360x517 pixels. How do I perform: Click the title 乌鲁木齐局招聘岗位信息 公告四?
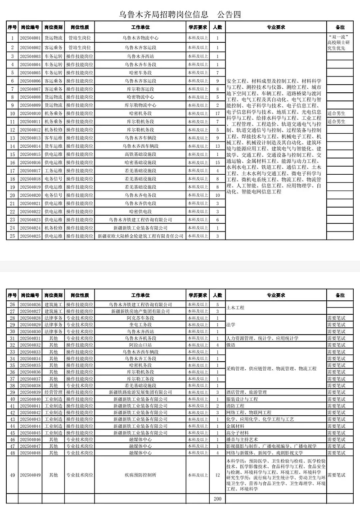(180, 14)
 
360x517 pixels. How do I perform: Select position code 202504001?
(31, 38)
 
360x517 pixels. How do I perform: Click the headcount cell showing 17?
(217, 113)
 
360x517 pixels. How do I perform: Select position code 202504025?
(31, 236)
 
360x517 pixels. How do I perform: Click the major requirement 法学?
(230, 324)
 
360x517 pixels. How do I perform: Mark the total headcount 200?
(217, 499)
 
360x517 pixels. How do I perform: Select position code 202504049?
(31, 475)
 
